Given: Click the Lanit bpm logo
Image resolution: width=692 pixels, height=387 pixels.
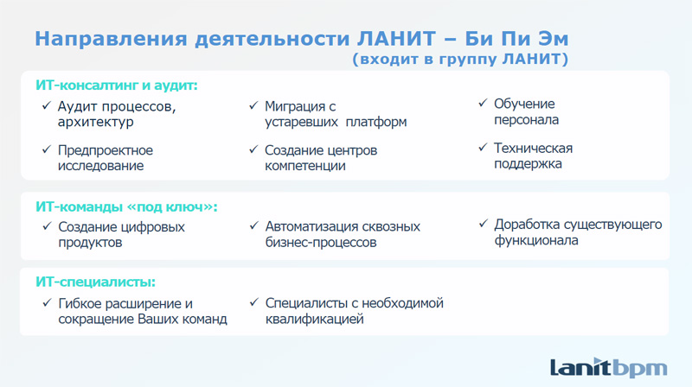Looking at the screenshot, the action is click(609, 368).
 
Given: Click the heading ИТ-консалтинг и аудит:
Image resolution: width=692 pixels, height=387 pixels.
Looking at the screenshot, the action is click(117, 85).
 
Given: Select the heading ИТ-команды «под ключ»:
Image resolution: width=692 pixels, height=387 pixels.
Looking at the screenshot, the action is click(126, 206).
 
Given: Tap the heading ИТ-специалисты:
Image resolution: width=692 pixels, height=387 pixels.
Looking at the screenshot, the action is click(95, 282).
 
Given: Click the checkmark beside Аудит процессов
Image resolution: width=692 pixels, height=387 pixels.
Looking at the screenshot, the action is click(47, 105).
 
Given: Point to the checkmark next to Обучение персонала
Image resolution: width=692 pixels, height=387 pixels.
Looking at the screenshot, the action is click(483, 103).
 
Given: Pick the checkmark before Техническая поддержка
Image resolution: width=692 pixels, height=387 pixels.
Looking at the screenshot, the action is click(483, 147).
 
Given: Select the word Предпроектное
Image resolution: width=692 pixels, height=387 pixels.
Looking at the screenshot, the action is click(106, 150).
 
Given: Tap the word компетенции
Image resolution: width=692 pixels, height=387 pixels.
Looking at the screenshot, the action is click(305, 166).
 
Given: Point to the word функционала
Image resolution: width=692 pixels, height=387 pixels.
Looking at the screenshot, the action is click(536, 241).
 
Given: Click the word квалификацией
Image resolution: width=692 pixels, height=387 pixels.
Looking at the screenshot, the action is click(314, 319).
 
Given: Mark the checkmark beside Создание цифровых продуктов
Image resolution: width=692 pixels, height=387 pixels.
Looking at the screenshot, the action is click(48, 226).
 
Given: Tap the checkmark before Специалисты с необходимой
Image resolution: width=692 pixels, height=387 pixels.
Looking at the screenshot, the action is click(253, 302).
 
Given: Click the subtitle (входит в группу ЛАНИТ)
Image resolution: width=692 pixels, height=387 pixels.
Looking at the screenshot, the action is click(460, 59).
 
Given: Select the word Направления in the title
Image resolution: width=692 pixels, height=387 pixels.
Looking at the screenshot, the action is click(112, 39).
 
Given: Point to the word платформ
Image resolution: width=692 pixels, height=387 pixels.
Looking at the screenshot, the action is click(376, 122).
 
